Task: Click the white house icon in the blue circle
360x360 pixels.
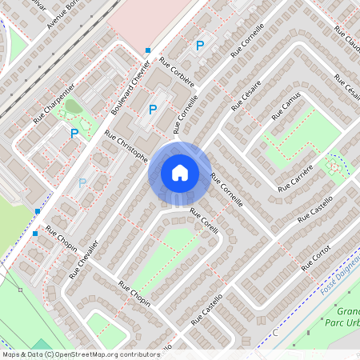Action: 179,173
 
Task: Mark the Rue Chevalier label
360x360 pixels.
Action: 83,259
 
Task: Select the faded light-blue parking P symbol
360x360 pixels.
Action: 82,183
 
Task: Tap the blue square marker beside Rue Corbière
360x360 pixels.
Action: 148,50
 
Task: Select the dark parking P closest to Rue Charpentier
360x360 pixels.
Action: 74,134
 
